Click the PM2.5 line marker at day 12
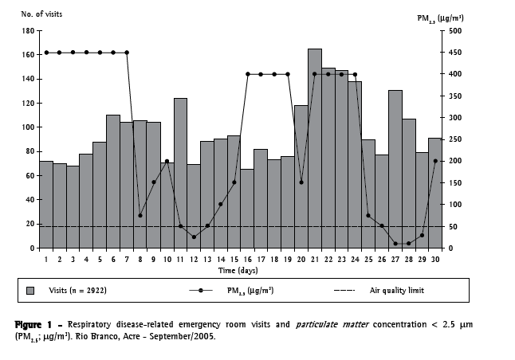click(x=194, y=237)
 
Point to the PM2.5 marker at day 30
click(x=435, y=161)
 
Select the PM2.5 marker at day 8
click(x=140, y=215)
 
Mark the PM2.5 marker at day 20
click(x=301, y=182)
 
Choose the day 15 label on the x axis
click(x=234, y=259)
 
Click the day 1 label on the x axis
click(x=46, y=259)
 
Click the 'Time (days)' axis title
click(x=239, y=271)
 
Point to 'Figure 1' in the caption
click(x=34, y=325)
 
